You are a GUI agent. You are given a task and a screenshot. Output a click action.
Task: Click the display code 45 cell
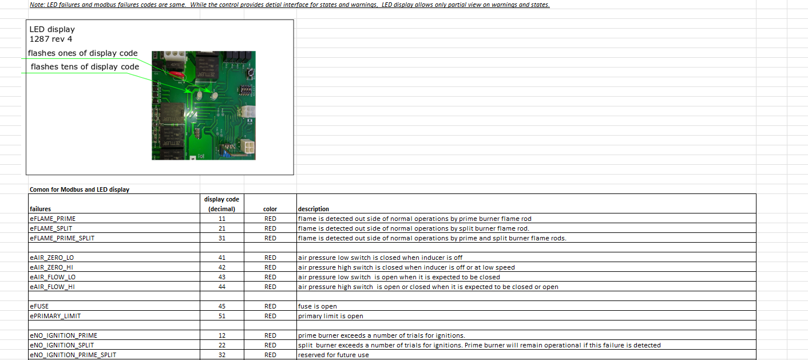click(221, 306)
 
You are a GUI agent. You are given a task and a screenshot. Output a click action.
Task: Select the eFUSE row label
click(39, 306)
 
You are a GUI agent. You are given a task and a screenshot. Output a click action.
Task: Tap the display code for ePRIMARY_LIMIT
click(221, 316)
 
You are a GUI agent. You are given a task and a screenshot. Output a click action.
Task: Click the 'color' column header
click(270, 209)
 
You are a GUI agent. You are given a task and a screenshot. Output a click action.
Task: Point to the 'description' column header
click(314, 209)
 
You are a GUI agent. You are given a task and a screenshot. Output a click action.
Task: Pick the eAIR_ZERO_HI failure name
click(52, 267)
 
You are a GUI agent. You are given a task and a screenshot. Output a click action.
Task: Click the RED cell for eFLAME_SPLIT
click(270, 228)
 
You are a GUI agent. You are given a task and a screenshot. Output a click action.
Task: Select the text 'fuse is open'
click(318, 306)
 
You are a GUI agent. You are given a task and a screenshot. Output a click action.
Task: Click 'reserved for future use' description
click(333, 355)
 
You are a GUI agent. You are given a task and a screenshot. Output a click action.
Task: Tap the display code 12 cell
click(221, 335)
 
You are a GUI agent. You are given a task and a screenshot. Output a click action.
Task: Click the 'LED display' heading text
click(52, 29)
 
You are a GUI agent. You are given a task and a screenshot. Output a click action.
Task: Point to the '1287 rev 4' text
click(51, 39)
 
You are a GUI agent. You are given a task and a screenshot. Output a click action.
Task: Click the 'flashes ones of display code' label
click(82, 53)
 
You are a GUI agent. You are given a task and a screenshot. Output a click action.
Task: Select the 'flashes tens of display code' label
click(85, 67)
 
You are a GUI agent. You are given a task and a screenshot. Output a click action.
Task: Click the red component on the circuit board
click(177, 75)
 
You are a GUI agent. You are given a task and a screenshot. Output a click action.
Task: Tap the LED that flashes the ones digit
click(214, 96)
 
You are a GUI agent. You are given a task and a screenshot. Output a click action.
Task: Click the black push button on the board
click(250, 73)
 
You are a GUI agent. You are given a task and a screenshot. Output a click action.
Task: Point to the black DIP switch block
click(245, 89)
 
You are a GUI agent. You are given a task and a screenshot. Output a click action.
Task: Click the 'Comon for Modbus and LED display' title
click(80, 189)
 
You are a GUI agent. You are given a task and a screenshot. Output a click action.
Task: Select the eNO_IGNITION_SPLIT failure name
click(62, 345)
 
